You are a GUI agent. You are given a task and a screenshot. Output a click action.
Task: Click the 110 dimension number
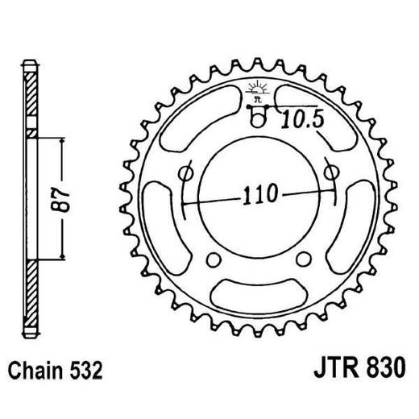[258, 194]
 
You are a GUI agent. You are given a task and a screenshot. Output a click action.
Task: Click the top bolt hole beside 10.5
[259, 121]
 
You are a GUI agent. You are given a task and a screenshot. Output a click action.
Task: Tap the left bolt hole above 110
[188, 173]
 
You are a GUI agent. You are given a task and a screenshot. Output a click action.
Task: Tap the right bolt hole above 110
[329, 172]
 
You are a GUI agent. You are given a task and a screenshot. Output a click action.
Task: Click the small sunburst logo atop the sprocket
[258, 87]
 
